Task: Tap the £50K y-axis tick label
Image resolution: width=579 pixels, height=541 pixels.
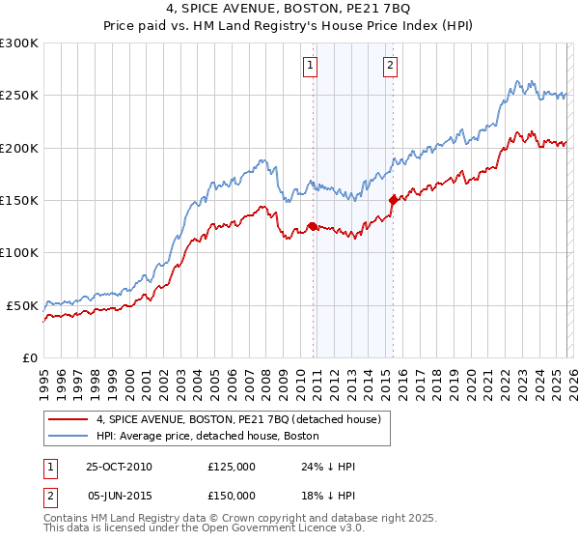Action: coord(22,305)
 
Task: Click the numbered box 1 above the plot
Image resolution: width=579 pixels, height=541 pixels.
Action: coord(311,66)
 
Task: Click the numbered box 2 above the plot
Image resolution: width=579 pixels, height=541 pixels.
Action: coord(390,66)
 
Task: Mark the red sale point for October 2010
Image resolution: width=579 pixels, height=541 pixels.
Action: coord(313,226)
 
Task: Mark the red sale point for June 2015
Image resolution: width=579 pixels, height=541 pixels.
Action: coord(392,200)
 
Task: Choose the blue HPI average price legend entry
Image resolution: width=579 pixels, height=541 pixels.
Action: coord(213,436)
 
